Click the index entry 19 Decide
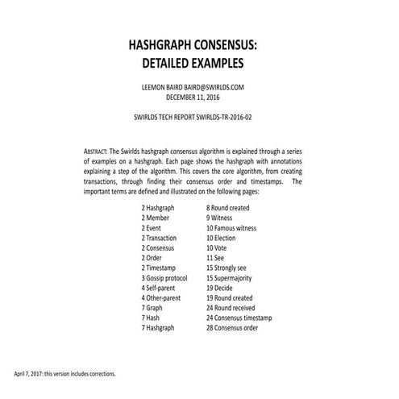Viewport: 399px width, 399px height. tap(224, 286)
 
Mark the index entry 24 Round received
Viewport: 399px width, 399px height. tap(234, 306)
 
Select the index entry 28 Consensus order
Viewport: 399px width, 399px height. tap(237, 326)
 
